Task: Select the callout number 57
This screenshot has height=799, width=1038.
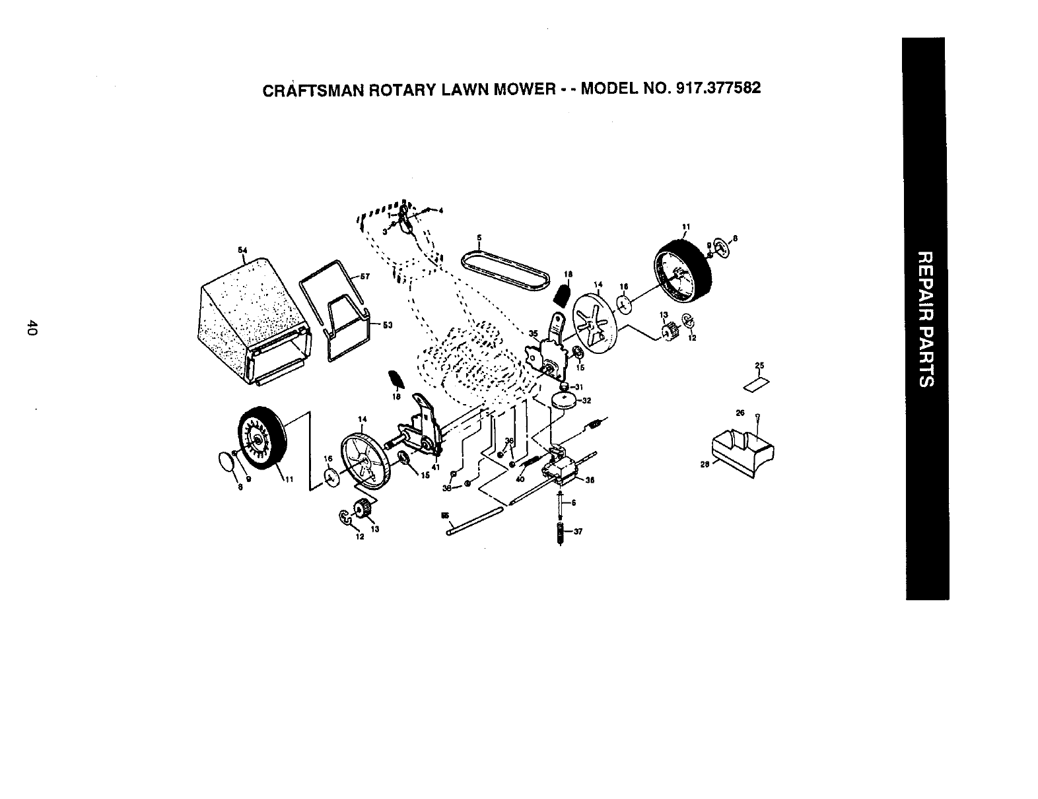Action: coord(371,276)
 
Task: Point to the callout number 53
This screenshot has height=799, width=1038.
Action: coord(388,324)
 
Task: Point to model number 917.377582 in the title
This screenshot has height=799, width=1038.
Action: coord(704,88)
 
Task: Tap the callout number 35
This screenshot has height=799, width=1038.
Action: coord(533,333)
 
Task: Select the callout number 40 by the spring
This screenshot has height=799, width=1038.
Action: coord(520,479)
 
